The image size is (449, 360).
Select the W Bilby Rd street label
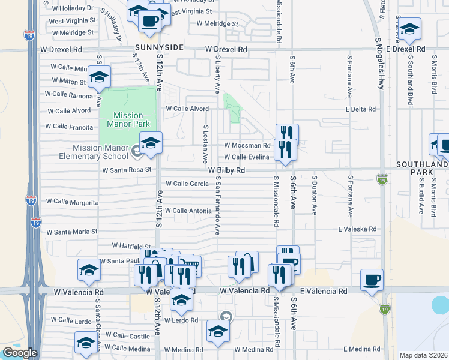pos(227,170)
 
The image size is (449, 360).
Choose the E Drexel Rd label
pos(405,49)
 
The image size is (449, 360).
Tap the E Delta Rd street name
pos(360,109)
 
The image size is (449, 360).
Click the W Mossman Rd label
pos(247,145)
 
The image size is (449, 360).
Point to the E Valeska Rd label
pos(357,229)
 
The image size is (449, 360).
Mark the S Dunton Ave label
pos(313,194)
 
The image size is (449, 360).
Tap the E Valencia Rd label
pos(324,291)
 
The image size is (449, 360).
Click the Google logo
pos(19,353)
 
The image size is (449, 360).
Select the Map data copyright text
pos(423,355)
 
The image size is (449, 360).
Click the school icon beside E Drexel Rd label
pos(409,29)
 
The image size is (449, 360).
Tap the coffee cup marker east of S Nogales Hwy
pos(372,280)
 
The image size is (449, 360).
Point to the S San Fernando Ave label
pos(217,205)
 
